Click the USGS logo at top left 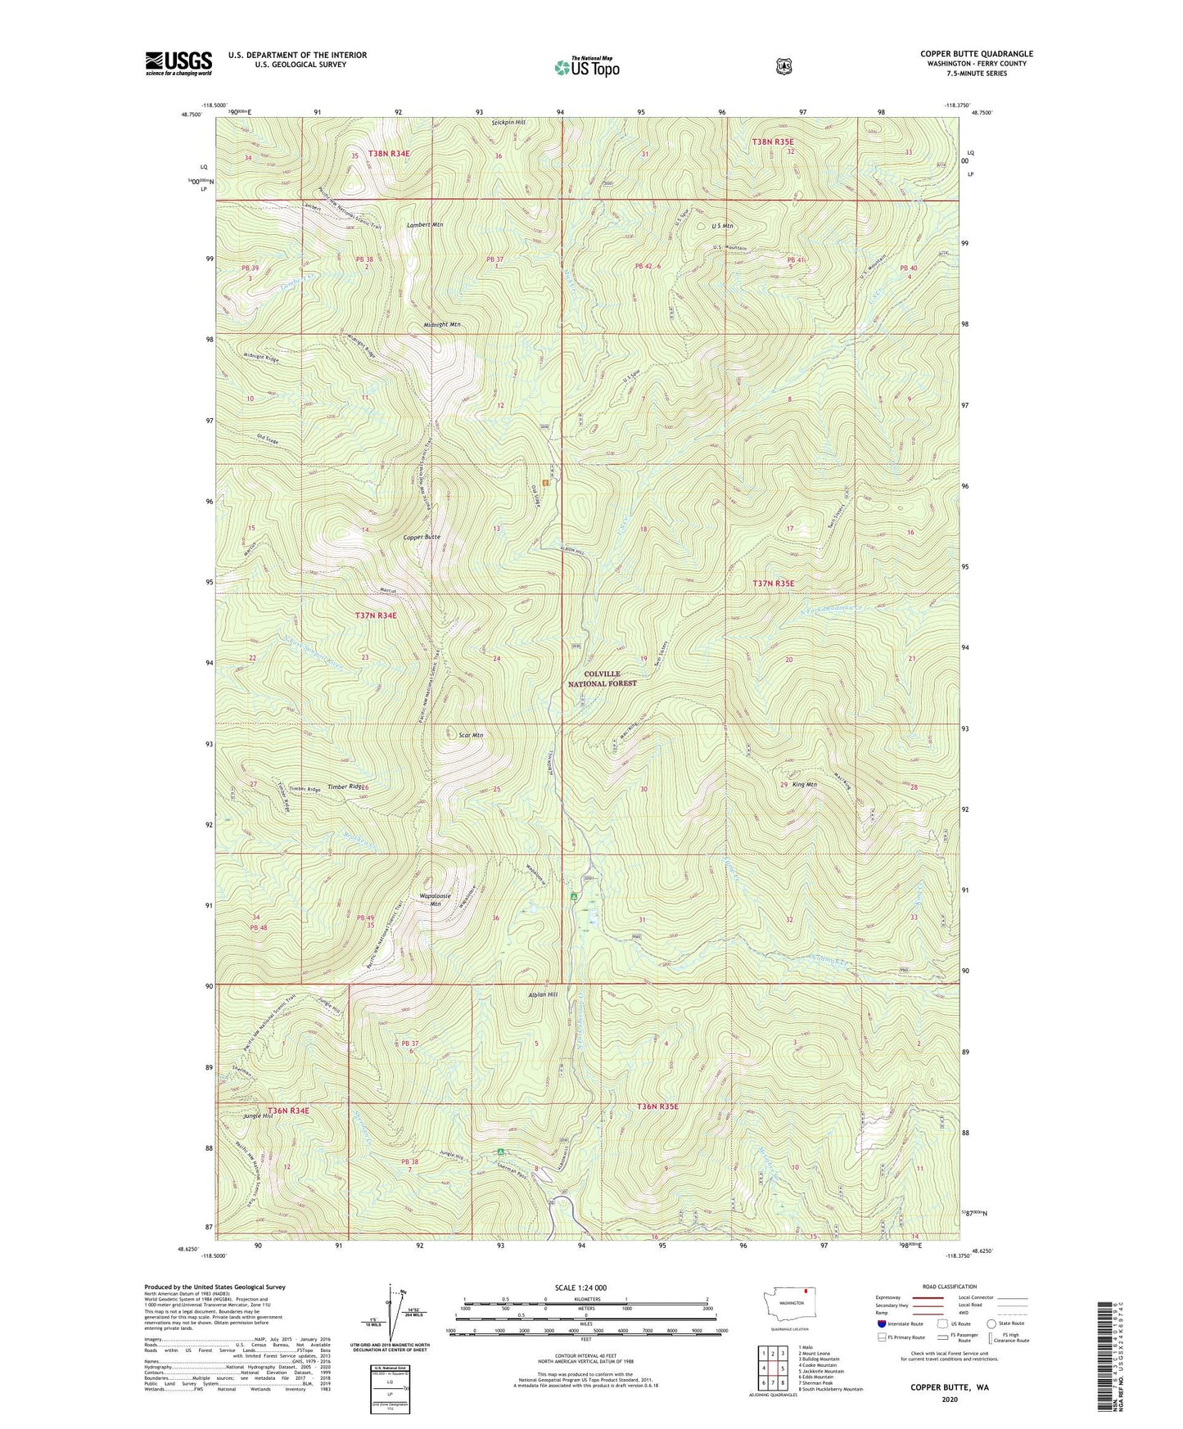(x=178, y=63)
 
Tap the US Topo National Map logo (x=585, y=66)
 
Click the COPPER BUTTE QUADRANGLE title (x=976, y=54)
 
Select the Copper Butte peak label (x=422, y=537)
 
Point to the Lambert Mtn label (x=425, y=224)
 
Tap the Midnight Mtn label (x=442, y=325)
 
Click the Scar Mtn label (x=465, y=735)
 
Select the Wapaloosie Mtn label (x=436, y=899)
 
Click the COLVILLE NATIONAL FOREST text (x=602, y=678)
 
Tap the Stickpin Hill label (x=508, y=123)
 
